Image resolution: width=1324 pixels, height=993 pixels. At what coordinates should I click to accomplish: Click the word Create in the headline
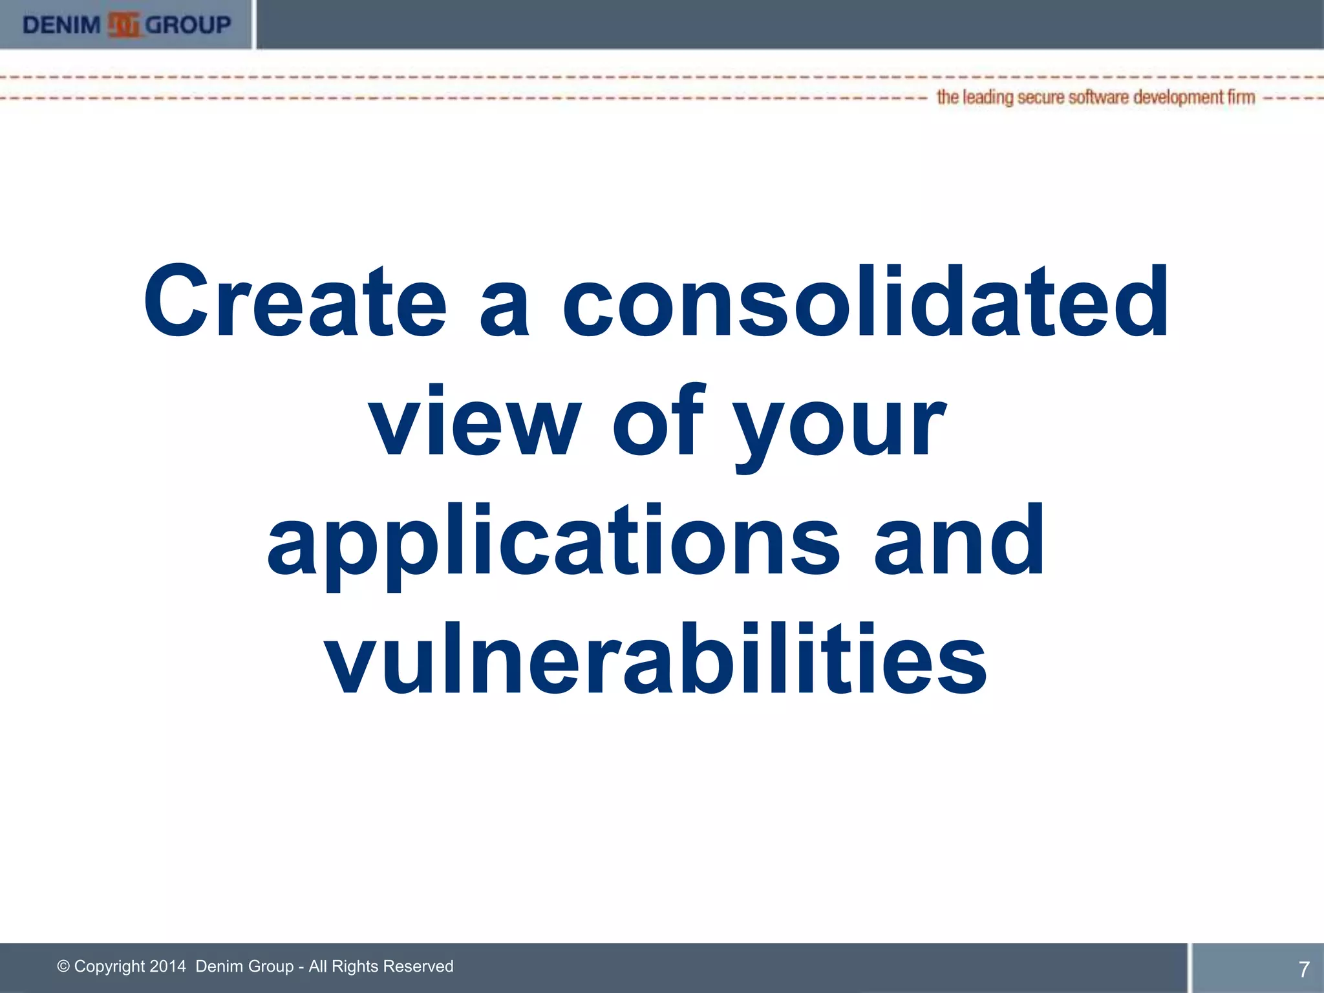(x=295, y=301)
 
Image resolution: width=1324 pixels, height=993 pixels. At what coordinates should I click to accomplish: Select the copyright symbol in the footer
(x=63, y=966)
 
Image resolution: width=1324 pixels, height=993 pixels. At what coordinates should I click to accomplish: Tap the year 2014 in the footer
(x=167, y=966)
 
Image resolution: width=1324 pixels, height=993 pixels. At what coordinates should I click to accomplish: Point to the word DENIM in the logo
(x=62, y=25)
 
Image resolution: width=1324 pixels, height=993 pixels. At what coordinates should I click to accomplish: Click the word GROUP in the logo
(x=188, y=25)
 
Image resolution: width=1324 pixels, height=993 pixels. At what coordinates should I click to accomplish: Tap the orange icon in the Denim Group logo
(x=123, y=25)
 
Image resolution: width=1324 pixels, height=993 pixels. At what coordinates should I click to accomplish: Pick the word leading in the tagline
(x=988, y=98)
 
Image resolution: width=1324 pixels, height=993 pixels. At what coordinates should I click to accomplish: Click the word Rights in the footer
(x=354, y=966)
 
